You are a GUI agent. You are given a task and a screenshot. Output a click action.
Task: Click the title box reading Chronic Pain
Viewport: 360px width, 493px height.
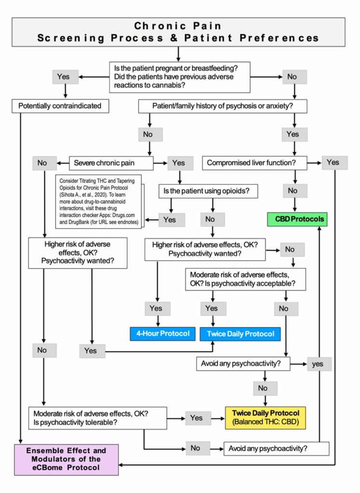tap(178, 32)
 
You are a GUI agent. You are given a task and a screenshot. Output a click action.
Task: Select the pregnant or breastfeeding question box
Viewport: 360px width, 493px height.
tap(180, 77)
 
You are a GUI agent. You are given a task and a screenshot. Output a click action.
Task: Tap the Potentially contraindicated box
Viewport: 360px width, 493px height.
tap(60, 106)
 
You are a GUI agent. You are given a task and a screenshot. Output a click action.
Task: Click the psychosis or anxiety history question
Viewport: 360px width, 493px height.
tap(223, 106)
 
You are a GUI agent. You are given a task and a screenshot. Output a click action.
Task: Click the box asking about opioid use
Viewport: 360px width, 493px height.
tap(207, 191)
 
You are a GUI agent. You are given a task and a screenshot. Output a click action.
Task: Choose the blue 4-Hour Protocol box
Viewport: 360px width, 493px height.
tap(160, 333)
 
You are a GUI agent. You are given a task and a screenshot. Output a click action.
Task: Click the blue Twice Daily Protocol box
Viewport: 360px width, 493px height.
tap(240, 334)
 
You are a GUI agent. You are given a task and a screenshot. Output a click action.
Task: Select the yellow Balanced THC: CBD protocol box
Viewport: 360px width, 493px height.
tap(266, 417)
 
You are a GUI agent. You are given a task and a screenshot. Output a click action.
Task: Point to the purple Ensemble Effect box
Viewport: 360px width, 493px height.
tap(66, 458)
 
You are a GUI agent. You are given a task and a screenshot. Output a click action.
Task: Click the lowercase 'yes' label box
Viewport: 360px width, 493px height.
tap(317, 364)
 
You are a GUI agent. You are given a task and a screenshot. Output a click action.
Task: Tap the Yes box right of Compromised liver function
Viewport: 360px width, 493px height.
tap(333, 162)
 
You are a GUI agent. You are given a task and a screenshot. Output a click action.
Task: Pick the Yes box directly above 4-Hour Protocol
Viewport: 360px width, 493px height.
tap(156, 308)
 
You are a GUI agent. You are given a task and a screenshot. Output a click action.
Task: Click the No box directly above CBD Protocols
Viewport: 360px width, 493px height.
tap(293, 191)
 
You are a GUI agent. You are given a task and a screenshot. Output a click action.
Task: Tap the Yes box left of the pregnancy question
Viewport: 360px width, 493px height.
tap(63, 77)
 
